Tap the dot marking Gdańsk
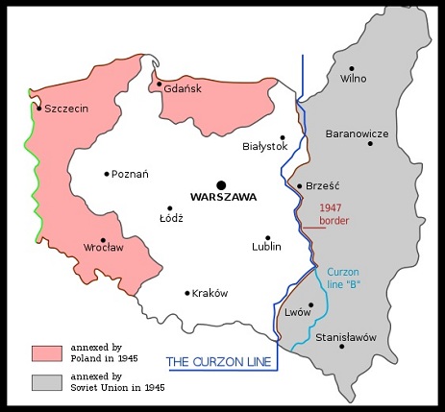[159, 85]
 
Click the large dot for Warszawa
[221, 183]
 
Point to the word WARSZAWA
[222, 198]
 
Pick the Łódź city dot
[170, 207]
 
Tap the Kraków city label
[210, 294]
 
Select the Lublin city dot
[267, 237]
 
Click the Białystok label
[267, 147]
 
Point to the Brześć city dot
[300, 186]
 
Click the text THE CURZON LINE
[220, 361]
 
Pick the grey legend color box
[47, 382]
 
